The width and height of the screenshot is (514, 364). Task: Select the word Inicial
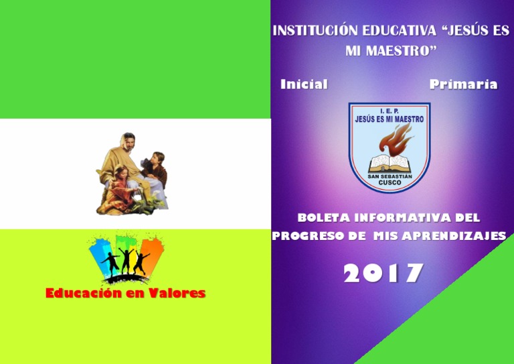(x=304, y=84)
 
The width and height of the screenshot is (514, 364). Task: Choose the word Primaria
(x=463, y=84)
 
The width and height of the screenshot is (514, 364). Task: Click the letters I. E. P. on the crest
(x=389, y=111)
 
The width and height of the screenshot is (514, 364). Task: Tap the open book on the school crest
(x=388, y=162)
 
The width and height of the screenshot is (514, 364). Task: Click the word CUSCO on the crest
(x=390, y=182)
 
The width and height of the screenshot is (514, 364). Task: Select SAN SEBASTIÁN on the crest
(x=390, y=176)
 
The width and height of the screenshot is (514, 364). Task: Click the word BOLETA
(x=323, y=218)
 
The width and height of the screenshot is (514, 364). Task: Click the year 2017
(x=383, y=273)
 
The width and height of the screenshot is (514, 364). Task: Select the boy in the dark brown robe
(x=157, y=171)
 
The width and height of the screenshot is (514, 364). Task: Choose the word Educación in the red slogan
(x=86, y=293)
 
